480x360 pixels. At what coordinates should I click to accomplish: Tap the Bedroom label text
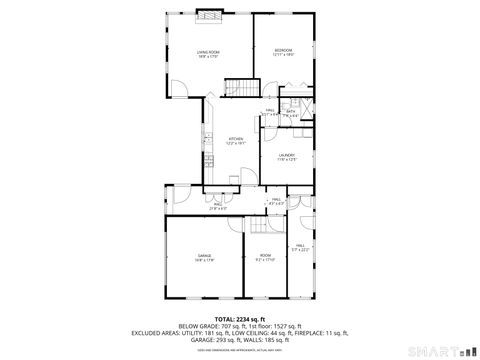(283, 52)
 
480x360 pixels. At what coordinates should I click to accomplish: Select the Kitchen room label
(235, 141)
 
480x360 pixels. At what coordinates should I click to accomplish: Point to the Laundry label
(286, 156)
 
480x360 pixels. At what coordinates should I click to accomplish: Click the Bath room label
(291, 113)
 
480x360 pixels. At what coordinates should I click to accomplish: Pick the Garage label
(203, 258)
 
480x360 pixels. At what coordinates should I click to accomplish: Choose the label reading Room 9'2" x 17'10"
(264, 258)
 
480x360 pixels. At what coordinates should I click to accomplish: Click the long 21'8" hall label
(218, 206)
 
